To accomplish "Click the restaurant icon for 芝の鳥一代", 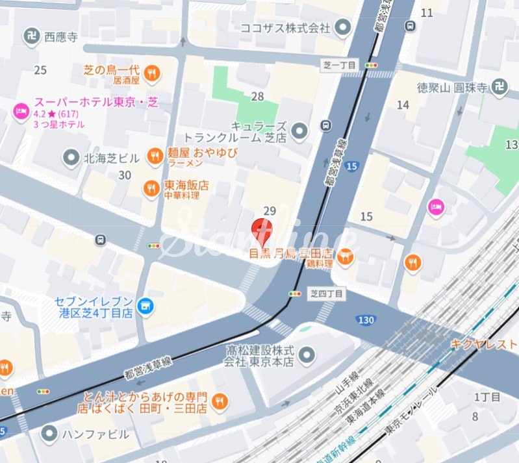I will coord(152,73).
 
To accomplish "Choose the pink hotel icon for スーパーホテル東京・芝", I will coord(20,112).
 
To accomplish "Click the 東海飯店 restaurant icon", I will coord(151,188).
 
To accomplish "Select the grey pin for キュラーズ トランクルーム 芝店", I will coord(299,132).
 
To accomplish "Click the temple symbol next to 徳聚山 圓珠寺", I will coord(499,88).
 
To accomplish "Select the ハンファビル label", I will coord(95,434).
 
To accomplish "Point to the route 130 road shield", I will coord(366,319).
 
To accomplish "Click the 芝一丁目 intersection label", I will coord(339,66).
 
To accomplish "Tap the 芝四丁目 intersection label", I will coord(325,294).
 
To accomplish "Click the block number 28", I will coord(258,97).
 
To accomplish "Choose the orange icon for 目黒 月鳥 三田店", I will coord(346,258).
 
